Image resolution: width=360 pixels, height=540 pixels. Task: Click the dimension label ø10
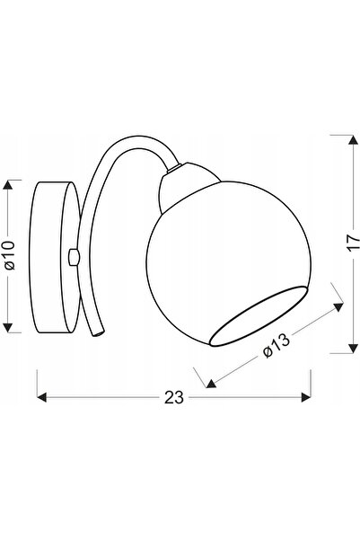coord(11,255)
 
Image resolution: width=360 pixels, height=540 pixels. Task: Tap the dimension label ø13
coord(277,346)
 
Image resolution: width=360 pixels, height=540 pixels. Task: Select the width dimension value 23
coord(174,397)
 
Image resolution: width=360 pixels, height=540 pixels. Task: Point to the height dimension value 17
coord(353,243)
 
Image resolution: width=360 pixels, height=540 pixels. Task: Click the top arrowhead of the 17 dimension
coord(353,139)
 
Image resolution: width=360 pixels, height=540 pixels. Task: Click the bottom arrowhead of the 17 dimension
coord(353,349)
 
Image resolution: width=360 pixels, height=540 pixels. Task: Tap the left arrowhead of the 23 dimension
coord(41,397)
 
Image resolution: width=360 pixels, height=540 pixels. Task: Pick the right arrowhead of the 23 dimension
coord(306,397)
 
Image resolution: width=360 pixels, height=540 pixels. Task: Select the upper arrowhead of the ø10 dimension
coord(7,185)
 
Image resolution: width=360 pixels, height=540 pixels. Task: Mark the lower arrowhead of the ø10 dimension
coord(7,328)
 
